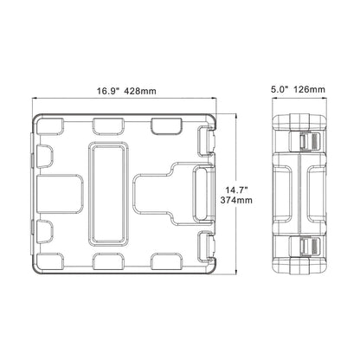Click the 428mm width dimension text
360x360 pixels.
click(140, 91)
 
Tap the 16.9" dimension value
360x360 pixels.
click(108, 91)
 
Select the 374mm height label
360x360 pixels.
click(236, 200)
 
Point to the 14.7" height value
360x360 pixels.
click(237, 190)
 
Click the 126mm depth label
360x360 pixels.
click(309, 89)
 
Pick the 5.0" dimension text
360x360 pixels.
click(280, 89)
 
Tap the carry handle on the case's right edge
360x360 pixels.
click(204, 195)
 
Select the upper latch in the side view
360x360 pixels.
click(309, 142)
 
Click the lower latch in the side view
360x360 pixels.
click(309, 247)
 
